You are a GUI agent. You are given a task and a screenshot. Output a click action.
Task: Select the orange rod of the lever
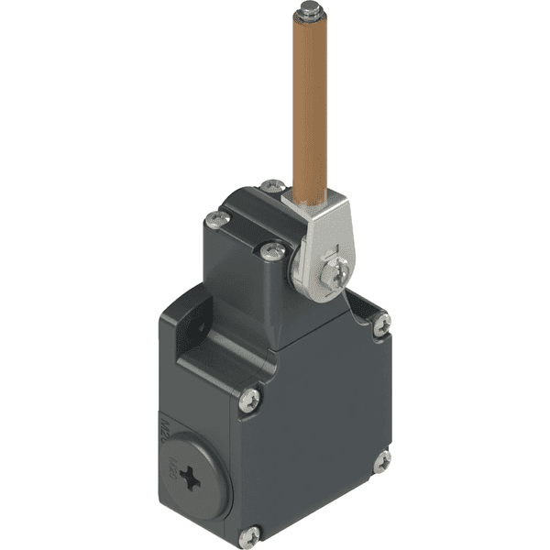[x=310, y=101]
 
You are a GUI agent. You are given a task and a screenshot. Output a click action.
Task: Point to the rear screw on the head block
[x=272, y=186]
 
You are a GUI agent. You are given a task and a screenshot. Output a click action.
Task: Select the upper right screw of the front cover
[x=381, y=323]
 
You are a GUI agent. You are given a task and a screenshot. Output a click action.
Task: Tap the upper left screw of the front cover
[x=250, y=399]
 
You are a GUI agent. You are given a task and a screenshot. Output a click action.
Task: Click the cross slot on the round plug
[x=192, y=477]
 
